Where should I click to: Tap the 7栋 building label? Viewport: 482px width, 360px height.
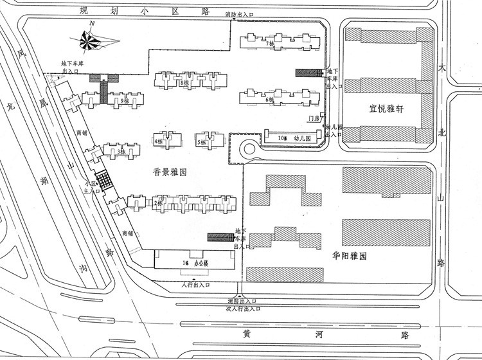pyautogui.click(x=271, y=44)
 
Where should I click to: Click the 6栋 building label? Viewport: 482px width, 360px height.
pyautogui.click(x=271, y=100)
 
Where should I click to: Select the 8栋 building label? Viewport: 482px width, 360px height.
pyautogui.click(x=185, y=82)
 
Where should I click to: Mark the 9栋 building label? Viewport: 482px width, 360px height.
pyautogui.click(x=124, y=101)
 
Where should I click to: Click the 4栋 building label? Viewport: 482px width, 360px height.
pyautogui.click(x=158, y=141)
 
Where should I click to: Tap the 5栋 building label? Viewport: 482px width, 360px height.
pyautogui.click(x=201, y=141)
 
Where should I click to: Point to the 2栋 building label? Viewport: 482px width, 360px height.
pyautogui.click(x=158, y=203)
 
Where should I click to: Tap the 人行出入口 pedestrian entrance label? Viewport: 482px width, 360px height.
pyautogui.click(x=195, y=284)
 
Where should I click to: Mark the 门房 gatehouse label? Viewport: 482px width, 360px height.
pyautogui.click(x=314, y=119)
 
